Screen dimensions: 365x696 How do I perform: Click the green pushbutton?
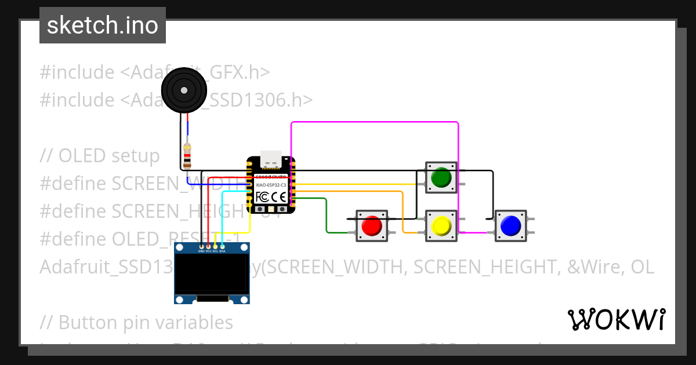(441, 177)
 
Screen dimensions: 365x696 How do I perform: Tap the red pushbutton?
(372, 225)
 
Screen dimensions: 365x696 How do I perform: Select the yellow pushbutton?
(441, 225)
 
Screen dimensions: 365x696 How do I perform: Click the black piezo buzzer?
(184, 90)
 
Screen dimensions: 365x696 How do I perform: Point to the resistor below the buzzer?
(187, 156)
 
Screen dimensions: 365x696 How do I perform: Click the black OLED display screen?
(212, 273)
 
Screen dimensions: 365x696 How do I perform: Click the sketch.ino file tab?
(103, 25)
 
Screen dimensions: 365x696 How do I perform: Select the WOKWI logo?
(616, 319)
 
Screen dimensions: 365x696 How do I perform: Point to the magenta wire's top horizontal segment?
(374, 122)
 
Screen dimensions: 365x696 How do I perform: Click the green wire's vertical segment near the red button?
(327, 216)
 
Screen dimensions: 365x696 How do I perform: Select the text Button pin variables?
(146, 322)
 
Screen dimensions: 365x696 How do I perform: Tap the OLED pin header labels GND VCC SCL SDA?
(212, 251)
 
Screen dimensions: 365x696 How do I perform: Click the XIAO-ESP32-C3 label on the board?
(271, 184)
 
